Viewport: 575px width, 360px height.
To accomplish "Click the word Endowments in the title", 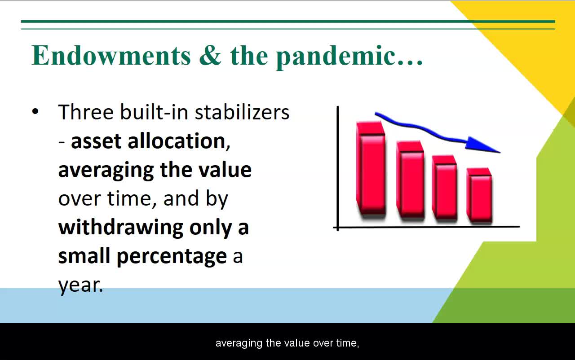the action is (111, 55).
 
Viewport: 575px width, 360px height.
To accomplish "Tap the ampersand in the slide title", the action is (210, 55).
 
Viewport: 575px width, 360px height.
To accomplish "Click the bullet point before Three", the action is (35, 111).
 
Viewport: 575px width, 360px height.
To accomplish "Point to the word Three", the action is (86, 112).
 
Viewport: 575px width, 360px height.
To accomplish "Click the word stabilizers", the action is (242, 112).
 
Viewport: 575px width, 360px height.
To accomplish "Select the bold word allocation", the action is (177, 141).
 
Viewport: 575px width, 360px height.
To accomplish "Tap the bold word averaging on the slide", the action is (106, 171).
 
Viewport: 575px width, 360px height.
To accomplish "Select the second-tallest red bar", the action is (410, 179).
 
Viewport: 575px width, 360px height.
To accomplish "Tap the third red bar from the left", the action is (445, 187).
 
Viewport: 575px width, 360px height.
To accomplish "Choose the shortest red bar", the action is (479, 195).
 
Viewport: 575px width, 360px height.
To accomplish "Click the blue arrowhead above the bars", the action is (481, 145).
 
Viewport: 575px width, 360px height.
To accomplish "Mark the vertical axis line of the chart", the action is (338, 168).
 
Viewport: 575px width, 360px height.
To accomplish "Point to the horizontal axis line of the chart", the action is (426, 227).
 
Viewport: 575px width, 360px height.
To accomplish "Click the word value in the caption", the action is (298, 343).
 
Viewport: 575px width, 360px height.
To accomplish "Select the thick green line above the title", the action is (288, 22).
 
